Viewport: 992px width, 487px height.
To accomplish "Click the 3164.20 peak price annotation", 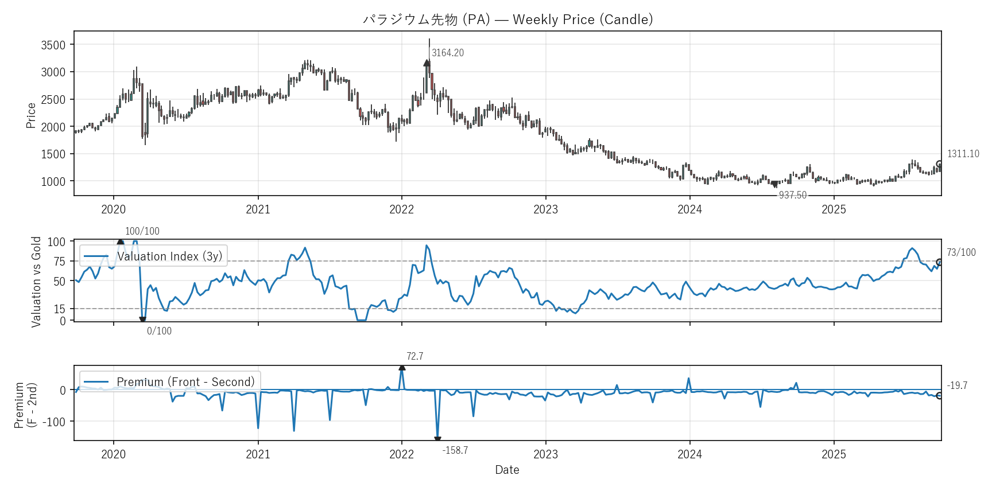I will pos(448,53).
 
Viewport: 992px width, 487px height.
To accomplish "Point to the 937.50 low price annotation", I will pos(792,195).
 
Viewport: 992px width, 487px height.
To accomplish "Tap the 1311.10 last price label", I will pos(963,154).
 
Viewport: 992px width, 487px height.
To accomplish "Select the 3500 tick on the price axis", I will pos(53,45).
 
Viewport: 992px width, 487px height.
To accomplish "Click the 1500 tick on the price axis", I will pos(53,154).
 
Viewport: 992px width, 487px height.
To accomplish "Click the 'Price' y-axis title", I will pos(31,115).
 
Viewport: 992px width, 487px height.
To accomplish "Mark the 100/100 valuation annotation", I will pos(142,231).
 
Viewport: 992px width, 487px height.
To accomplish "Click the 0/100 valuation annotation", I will pos(159,331).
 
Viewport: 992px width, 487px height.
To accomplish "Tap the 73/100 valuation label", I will pos(961,252).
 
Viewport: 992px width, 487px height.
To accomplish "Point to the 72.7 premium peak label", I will pos(414,356).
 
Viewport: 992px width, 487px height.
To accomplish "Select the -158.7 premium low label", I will pos(455,450).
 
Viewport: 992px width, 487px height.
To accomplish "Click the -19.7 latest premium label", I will pos(957,385).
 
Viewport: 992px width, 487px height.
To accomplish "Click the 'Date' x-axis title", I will pos(507,470).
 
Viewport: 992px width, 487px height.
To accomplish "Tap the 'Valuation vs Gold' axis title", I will pos(36,282).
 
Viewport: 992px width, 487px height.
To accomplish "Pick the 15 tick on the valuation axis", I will pos(60,309).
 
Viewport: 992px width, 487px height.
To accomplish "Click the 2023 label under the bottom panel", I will pos(545,454).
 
